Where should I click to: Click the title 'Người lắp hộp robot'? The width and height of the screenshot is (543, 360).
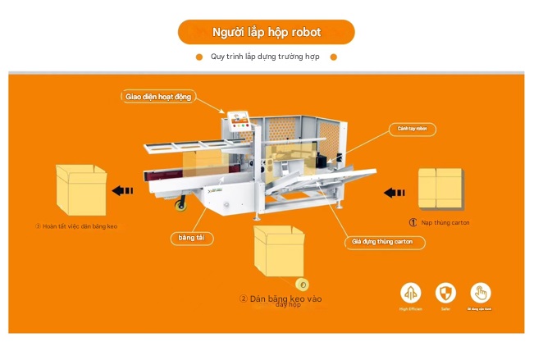[267, 32]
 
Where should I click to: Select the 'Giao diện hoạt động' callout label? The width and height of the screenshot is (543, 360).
[158, 97]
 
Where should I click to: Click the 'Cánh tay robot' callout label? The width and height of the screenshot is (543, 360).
[412, 129]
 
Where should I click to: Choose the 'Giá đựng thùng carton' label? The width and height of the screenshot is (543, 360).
[384, 242]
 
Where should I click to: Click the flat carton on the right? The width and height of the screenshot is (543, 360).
[440, 190]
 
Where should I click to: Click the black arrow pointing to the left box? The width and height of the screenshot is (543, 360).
[123, 191]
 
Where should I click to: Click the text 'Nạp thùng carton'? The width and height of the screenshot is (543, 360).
[445, 222]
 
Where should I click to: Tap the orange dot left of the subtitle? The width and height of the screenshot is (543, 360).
[199, 57]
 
